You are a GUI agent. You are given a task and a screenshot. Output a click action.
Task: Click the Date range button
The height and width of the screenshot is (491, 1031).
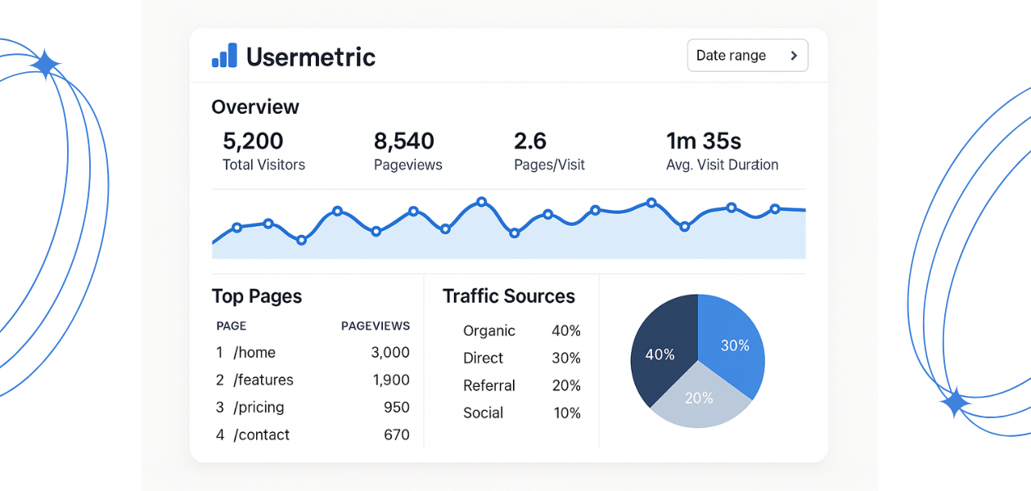[x=747, y=56]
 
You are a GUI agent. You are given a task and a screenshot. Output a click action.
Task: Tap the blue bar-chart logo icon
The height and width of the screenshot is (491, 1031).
[x=224, y=56]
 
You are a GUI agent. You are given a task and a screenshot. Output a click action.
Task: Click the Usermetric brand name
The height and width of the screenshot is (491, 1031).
[x=310, y=56]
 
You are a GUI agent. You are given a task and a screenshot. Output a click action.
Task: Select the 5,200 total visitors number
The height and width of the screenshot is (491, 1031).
[x=253, y=142]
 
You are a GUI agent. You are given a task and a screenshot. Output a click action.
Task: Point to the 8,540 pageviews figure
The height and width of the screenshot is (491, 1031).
[x=404, y=142]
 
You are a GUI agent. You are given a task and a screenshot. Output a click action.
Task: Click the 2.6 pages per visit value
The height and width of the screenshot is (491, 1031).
[x=529, y=142]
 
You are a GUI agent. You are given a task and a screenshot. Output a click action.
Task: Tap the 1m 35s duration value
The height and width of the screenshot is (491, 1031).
[x=704, y=142]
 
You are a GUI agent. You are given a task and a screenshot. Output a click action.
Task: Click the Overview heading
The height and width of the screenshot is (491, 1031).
[x=255, y=107]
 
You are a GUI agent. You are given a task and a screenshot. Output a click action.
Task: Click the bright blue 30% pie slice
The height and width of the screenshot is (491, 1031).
[x=731, y=342]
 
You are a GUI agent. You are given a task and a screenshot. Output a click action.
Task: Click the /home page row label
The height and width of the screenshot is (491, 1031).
[x=254, y=353]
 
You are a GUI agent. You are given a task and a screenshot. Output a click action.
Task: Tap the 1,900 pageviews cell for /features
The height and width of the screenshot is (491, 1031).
[x=391, y=380]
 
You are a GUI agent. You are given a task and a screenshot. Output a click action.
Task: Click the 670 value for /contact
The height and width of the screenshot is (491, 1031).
[x=397, y=435]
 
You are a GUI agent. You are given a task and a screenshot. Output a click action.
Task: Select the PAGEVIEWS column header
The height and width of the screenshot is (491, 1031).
[x=375, y=326]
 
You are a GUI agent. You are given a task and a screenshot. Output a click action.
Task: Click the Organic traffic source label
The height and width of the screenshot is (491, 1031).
[x=489, y=331]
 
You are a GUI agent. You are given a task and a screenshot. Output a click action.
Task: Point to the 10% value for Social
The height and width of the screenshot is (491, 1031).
[x=567, y=413]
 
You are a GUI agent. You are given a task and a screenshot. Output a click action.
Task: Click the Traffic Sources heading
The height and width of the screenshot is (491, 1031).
[x=509, y=296]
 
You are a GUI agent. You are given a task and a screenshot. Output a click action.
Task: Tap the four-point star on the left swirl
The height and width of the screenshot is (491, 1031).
[x=45, y=64]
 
